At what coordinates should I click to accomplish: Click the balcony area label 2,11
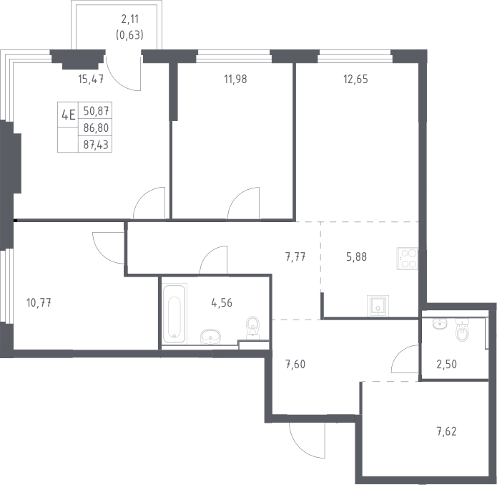tap(130, 19)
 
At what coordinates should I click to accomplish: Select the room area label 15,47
tap(91, 79)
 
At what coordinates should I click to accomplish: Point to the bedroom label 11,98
tap(235, 79)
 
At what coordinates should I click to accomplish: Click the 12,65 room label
tap(355, 79)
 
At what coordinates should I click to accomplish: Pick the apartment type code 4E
tap(69, 115)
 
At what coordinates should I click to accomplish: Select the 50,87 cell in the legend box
tap(96, 111)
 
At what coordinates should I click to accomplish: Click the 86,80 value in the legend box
tap(96, 128)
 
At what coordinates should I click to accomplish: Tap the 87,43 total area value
tap(96, 145)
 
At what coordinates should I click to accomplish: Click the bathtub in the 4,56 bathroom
tap(174, 314)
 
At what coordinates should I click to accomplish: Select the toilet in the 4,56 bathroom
tap(252, 327)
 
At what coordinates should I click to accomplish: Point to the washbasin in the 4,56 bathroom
tap(210, 337)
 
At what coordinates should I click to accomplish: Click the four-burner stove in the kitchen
tap(408, 259)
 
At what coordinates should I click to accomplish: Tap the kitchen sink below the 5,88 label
tap(378, 306)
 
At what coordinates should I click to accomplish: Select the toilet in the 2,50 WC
tap(462, 330)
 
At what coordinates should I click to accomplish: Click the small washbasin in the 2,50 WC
tap(439, 324)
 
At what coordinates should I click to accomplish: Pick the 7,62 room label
tap(447, 432)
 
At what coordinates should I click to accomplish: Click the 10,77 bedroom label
tap(39, 303)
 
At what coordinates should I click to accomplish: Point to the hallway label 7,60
tap(295, 365)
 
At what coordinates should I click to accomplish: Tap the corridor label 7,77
tap(295, 256)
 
